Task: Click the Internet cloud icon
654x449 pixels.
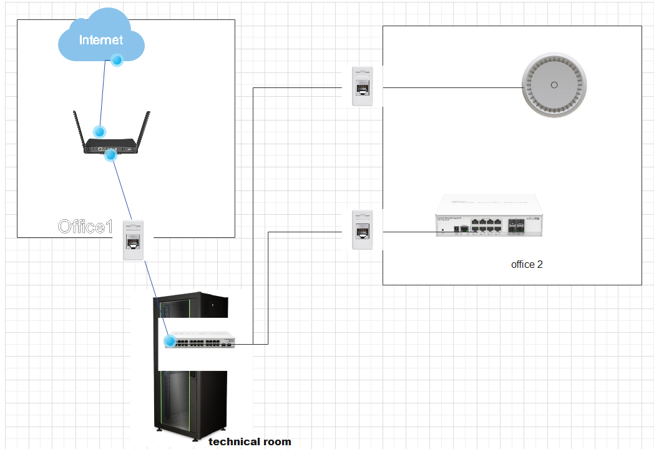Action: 100,39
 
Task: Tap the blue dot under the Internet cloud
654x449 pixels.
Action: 116,60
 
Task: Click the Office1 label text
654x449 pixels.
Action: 85,226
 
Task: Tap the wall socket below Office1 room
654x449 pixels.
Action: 135,240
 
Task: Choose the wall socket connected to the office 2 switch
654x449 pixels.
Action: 363,229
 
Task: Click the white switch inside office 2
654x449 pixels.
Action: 489,216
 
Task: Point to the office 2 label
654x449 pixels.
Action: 527,264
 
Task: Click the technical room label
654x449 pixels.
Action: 250,442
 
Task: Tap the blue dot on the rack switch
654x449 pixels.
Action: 170,341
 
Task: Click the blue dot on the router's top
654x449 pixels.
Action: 99,132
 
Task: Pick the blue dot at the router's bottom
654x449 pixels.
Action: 110,154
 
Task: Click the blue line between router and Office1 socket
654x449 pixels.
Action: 122,187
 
